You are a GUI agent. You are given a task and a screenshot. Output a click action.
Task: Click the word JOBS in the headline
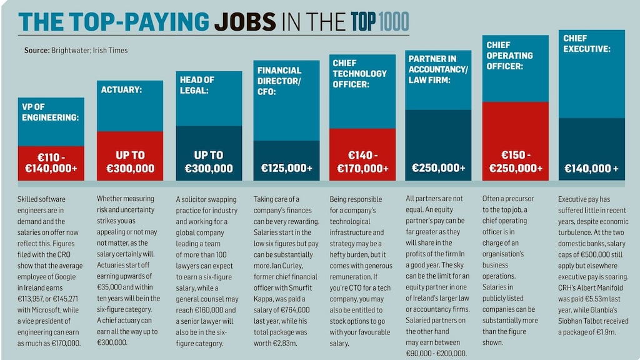(246, 22)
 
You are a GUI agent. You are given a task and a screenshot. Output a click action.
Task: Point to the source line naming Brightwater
(76, 51)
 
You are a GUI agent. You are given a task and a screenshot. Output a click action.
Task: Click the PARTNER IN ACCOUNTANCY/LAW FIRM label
(438, 69)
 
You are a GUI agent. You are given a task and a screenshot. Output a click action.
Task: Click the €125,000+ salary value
(286, 168)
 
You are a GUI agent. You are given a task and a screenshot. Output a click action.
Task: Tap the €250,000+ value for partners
(439, 168)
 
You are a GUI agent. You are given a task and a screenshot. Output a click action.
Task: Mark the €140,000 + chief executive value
(591, 168)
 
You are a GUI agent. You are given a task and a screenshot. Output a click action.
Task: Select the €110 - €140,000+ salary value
(51, 162)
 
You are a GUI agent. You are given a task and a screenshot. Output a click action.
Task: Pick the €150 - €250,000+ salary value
(515, 162)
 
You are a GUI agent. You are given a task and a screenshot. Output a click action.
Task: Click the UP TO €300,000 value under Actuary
(130, 162)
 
